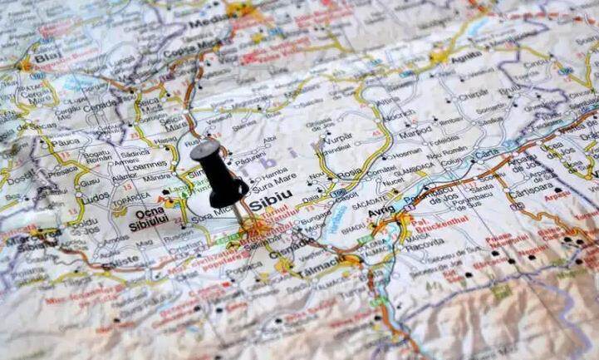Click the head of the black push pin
tap(205, 150)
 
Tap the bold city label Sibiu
tap(271, 197)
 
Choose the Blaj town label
tap(48, 57)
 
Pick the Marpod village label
tap(415, 132)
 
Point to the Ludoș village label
tap(96, 199)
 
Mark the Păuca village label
tap(65, 142)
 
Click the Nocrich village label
tap(400, 115)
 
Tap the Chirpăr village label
tap(474, 95)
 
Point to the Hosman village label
tap(406, 153)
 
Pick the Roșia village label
tap(349, 172)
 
